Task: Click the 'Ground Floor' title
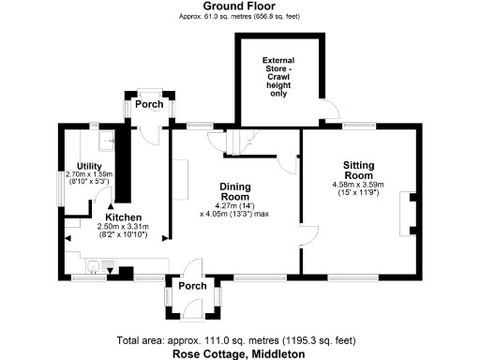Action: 239,7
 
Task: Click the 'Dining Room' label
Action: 234,190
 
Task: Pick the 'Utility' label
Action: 89,165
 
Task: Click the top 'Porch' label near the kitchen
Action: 148,104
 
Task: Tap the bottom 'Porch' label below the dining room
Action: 192,285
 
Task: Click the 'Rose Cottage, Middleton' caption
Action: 239,353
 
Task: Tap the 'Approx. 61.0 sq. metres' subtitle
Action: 239,17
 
